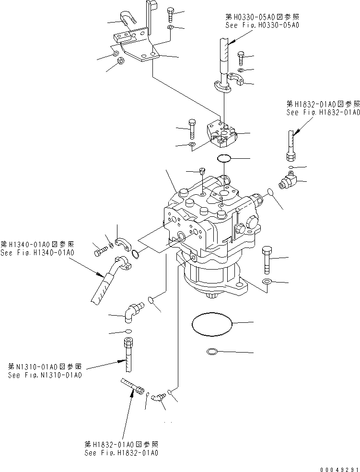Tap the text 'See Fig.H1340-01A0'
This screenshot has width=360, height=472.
click(39, 252)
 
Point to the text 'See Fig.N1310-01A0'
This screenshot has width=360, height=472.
click(45, 375)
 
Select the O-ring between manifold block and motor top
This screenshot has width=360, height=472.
click(223, 158)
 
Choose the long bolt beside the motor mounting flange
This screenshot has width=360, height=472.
click(267, 259)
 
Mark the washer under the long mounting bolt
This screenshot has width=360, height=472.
click(267, 281)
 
